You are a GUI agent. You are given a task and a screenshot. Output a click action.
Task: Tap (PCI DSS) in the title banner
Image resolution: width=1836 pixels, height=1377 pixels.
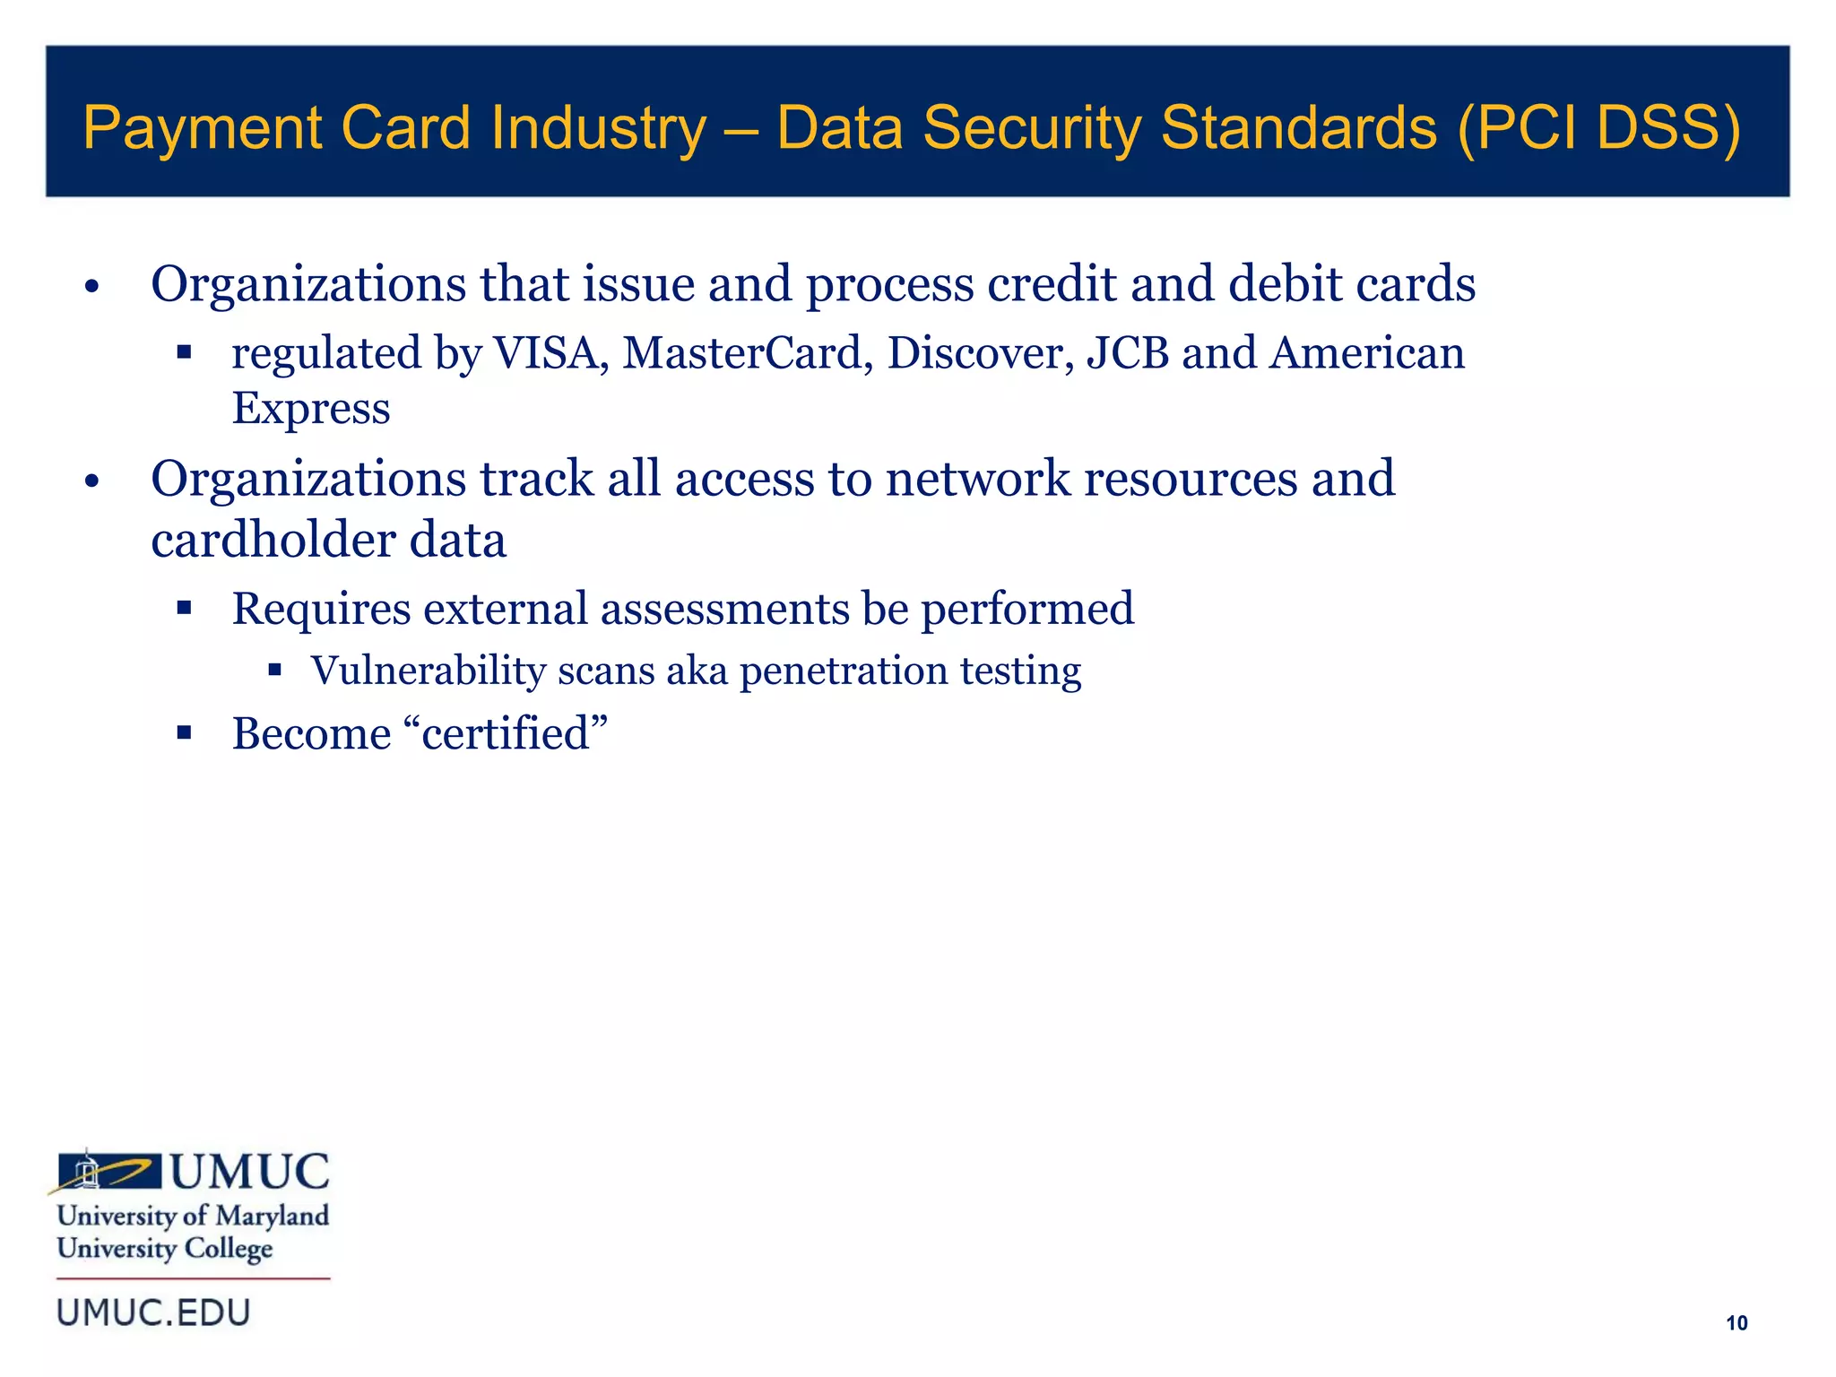click(x=1598, y=129)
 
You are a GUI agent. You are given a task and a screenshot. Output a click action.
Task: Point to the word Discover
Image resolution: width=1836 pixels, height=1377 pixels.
click(x=981, y=352)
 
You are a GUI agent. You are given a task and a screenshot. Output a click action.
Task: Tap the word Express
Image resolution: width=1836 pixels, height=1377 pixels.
click(x=311, y=409)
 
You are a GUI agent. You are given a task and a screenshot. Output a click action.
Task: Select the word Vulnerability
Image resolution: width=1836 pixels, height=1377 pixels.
click(x=428, y=671)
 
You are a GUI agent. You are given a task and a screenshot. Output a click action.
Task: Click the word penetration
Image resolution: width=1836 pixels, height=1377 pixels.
click(x=843, y=671)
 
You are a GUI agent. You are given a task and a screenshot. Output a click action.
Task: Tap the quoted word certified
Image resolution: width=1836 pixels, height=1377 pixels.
click(x=507, y=733)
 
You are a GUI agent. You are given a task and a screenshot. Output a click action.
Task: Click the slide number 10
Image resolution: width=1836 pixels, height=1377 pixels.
click(x=1736, y=1322)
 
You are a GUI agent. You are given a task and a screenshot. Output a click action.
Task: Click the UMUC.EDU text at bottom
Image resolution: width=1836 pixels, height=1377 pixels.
click(x=153, y=1312)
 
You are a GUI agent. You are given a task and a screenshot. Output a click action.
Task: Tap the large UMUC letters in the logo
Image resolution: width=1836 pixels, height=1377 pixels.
click(x=250, y=1173)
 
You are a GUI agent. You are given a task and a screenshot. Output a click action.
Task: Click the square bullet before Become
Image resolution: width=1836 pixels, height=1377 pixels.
click(x=185, y=733)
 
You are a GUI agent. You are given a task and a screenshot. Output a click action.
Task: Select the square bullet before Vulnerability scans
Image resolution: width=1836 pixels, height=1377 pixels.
click(x=274, y=670)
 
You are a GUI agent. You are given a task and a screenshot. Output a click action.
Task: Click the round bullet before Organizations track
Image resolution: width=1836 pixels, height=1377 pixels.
click(x=91, y=482)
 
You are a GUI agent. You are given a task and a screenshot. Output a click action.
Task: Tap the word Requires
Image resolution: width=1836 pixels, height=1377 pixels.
click(x=321, y=609)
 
